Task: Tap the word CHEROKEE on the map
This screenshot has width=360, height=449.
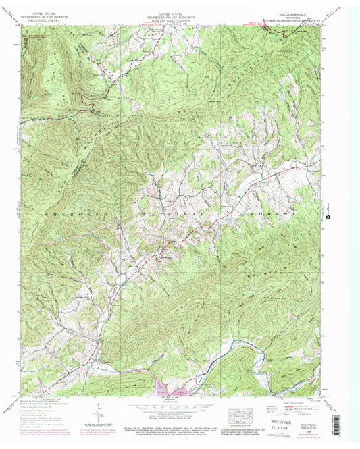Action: pos(61,213)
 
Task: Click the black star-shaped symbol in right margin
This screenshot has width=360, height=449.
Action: pos(329,217)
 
